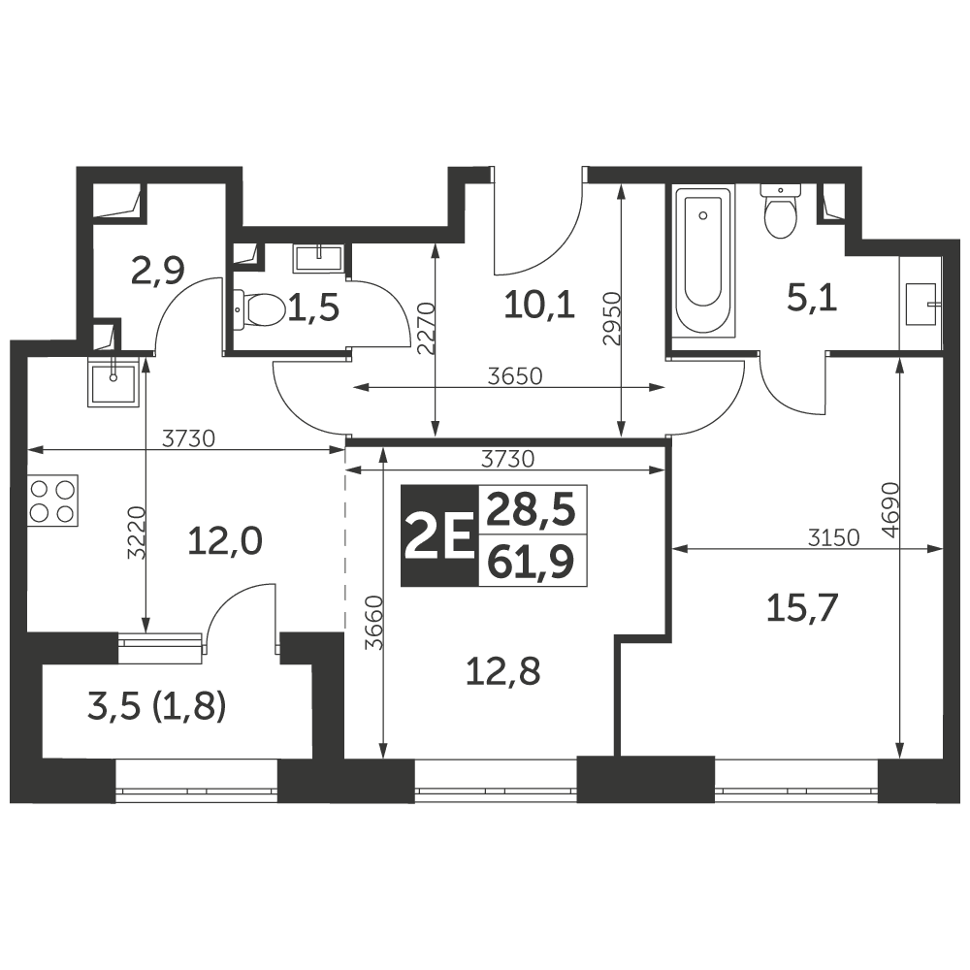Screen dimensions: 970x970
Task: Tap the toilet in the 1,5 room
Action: [x=259, y=309]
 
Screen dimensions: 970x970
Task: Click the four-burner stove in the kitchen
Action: [x=53, y=501]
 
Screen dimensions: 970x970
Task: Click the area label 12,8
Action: [x=502, y=672]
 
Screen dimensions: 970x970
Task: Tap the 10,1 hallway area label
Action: [x=539, y=305]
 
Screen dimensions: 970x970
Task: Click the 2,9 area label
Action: [x=158, y=271]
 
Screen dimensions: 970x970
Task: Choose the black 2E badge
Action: [x=439, y=535]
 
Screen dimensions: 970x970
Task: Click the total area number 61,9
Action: [x=531, y=563]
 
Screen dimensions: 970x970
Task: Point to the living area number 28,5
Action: [x=531, y=510]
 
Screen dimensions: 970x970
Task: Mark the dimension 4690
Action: [x=890, y=510]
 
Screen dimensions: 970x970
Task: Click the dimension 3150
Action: [x=834, y=537]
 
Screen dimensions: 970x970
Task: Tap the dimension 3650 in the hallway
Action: [x=515, y=376]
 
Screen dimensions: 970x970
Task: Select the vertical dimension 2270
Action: [x=426, y=328]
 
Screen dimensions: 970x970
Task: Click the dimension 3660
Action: [x=374, y=623]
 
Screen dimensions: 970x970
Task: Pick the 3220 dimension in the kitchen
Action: [x=136, y=533]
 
